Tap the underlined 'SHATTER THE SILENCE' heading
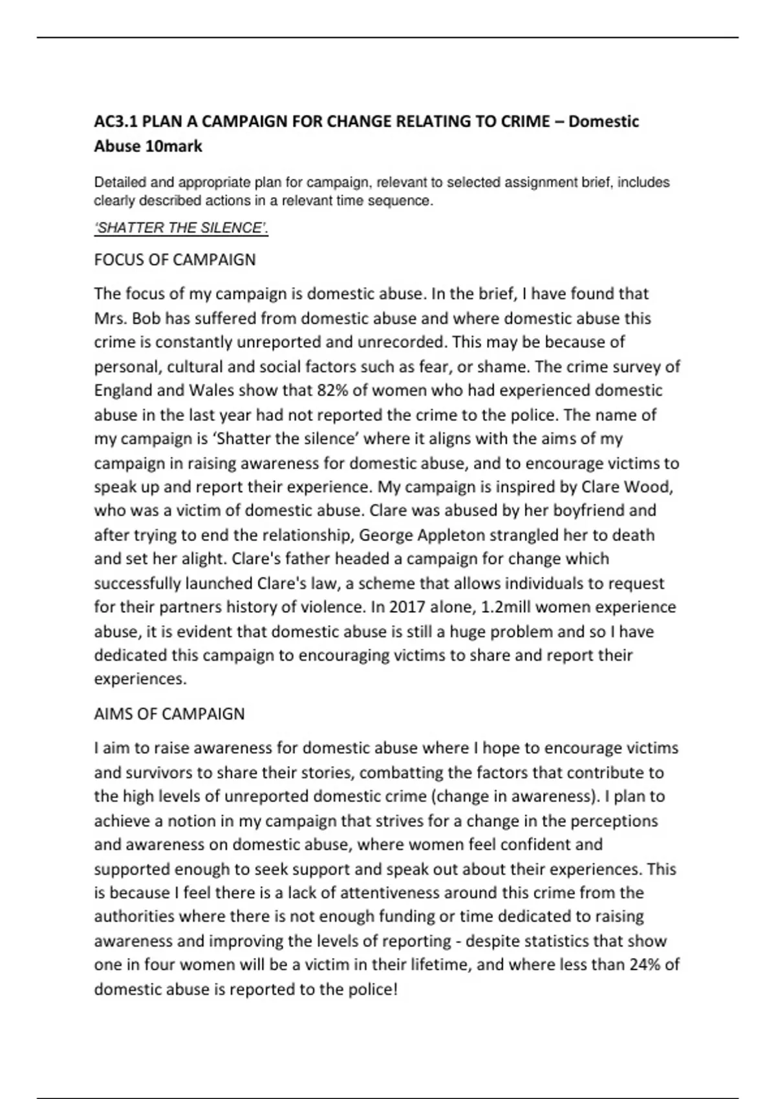[181, 228]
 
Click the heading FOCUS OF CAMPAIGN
[175, 259]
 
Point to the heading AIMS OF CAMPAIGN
[169, 714]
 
